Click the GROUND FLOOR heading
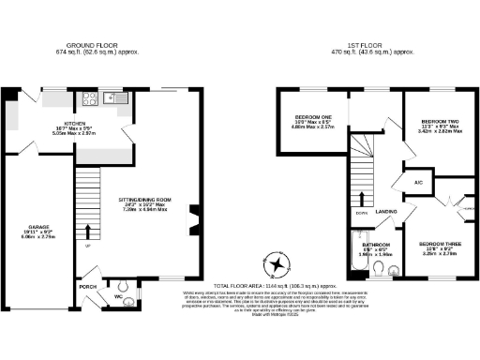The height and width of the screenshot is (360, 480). [x=98, y=44]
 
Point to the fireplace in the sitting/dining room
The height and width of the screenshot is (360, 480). [x=193, y=219]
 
